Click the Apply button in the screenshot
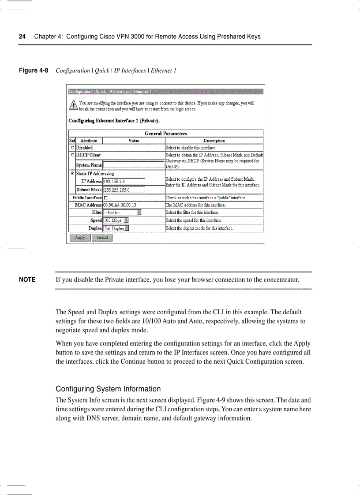click(x=80, y=238)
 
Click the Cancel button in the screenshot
click(x=102, y=238)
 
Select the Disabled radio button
click(x=72, y=148)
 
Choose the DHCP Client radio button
click(x=72, y=155)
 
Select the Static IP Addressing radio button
click(x=72, y=174)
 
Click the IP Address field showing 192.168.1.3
click(x=124, y=181)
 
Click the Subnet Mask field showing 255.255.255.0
click(x=124, y=190)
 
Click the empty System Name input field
click(x=134, y=165)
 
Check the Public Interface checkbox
click(x=105, y=198)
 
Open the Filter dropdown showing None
click(x=122, y=212)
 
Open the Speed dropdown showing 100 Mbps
click(x=116, y=220)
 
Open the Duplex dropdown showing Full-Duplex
click(x=116, y=228)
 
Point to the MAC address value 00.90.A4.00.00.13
click(x=120, y=205)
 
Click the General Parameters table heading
click(x=166, y=133)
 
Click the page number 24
click(x=22, y=37)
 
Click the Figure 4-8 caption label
click(x=33, y=71)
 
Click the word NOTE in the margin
click(x=27, y=280)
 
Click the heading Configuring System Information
click(x=108, y=389)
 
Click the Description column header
click(x=214, y=141)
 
